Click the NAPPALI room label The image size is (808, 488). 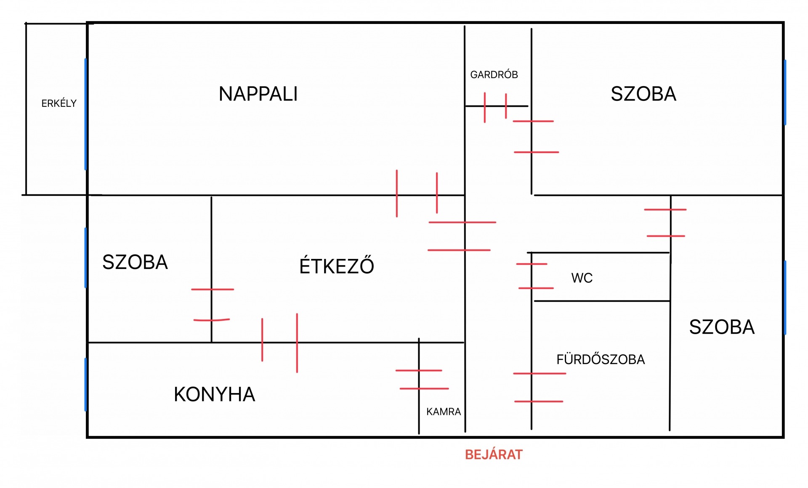coord(258,94)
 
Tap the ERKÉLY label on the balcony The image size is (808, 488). coord(59,103)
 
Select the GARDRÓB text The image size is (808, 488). coord(494,75)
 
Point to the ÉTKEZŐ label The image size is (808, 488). coord(337,266)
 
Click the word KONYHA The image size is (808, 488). coord(214,394)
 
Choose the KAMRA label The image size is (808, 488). coord(444,412)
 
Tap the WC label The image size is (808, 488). coord(582,278)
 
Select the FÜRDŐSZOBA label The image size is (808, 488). coord(600,359)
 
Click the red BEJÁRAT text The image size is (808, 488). coord(493,454)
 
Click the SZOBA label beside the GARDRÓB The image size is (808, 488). coord(643,94)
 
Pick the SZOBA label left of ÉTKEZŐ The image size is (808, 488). coord(135,262)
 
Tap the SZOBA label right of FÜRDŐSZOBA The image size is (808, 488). coord(721,327)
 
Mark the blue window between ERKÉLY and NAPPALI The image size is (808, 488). coord(86,114)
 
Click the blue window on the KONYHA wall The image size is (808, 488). coord(86,384)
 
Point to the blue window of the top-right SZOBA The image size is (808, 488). coord(785,92)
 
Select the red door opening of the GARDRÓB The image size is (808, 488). coord(495,106)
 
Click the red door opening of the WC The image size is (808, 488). coord(532,276)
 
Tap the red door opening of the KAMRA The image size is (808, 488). coord(419,380)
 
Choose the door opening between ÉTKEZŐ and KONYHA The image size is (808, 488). coord(279,343)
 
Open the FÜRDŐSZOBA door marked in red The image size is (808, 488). coord(532,388)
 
